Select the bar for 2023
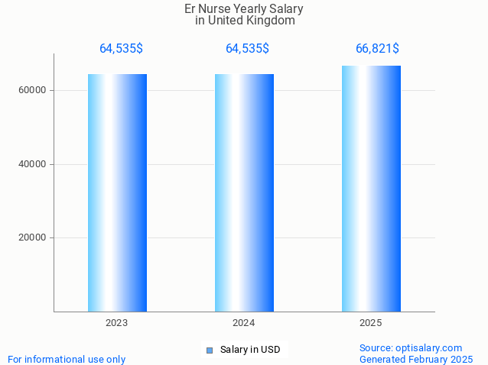click(117, 192)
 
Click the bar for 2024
click(244, 192)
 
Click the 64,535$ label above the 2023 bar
click(121, 49)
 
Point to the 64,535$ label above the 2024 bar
click(247, 49)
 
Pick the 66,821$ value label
click(377, 49)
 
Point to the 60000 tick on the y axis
click(33, 90)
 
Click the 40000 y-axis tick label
click(33, 164)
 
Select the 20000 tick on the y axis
click(33, 237)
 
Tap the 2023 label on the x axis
click(117, 324)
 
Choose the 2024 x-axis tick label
click(244, 324)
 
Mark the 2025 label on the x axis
click(371, 324)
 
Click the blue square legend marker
click(209, 350)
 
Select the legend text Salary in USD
click(250, 350)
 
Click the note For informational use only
click(67, 360)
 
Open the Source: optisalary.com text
click(411, 348)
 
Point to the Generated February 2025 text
click(416, 360)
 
